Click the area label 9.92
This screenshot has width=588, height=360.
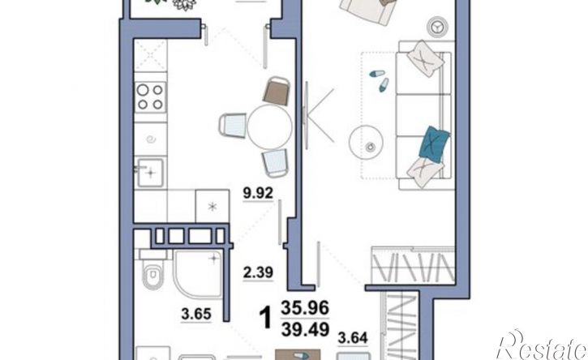258,193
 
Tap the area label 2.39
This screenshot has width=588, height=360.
258,272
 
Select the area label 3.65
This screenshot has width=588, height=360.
196,314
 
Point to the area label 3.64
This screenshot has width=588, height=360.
353,338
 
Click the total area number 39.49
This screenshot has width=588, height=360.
305,330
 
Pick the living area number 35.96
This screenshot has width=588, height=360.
305,308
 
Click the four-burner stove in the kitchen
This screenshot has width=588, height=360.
150,96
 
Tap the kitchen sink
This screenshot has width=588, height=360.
150,173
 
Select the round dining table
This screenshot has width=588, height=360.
269,126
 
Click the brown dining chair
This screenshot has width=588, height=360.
277,91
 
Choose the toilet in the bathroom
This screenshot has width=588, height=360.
152,274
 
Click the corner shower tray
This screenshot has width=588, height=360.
197,274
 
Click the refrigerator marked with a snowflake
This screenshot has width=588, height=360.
212,206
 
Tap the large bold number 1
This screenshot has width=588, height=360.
266,318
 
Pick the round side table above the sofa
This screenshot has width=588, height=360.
438,27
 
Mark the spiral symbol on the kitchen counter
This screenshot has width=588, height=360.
151,139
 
